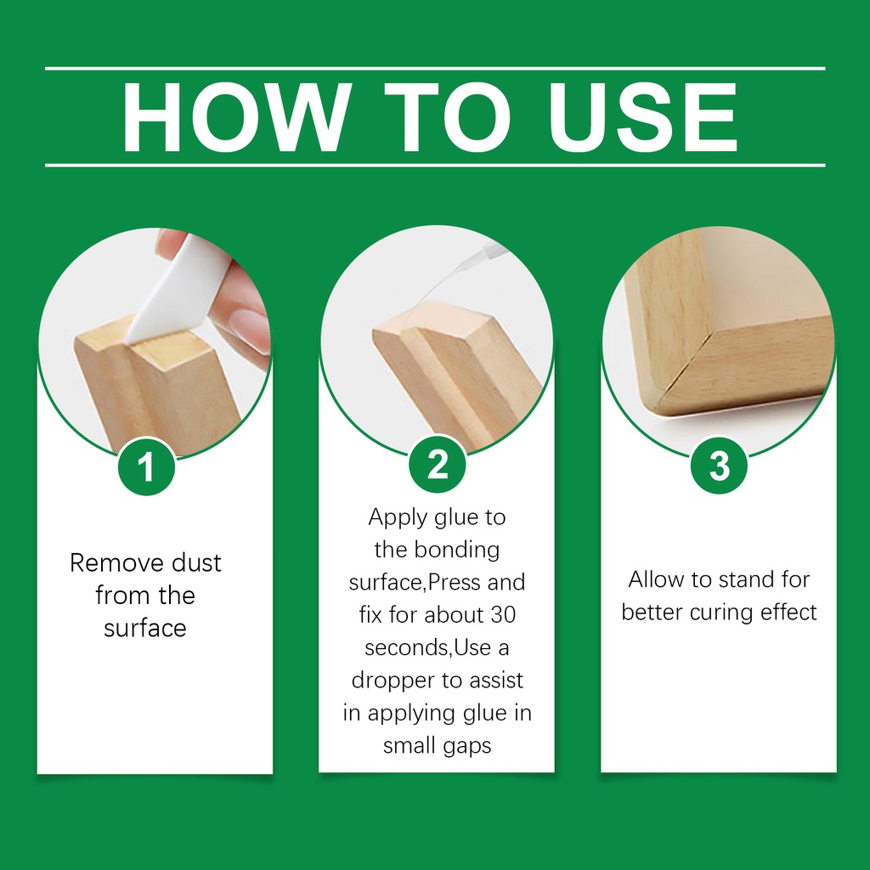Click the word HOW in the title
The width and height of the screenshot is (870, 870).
tap(237, 117)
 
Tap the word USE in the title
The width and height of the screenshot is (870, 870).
tap(642, 117)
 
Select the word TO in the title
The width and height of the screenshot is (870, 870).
tap(448, 117)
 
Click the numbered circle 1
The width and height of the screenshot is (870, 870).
tap(146, 466)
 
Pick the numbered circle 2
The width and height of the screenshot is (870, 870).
tap(438, 464)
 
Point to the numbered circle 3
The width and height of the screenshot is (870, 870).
tap(719, 465)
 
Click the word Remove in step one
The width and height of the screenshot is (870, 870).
tap(116, 562)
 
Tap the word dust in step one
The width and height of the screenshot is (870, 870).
tap(196, 562)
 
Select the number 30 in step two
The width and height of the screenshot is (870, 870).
tap(503, 615)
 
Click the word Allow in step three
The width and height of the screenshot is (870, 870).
tap(656, 579)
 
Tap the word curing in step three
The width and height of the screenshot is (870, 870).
tap(720, 613)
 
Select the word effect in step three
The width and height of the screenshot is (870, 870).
tap(788, 612)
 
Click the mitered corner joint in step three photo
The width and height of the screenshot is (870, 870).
tap(688, 360)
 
